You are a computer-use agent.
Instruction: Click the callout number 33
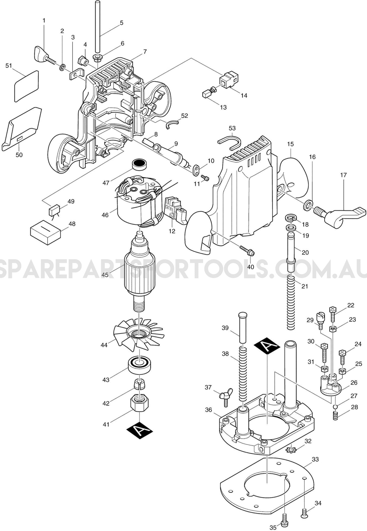315,459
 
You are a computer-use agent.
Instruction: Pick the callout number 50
19,155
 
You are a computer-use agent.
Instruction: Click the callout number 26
354,382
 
